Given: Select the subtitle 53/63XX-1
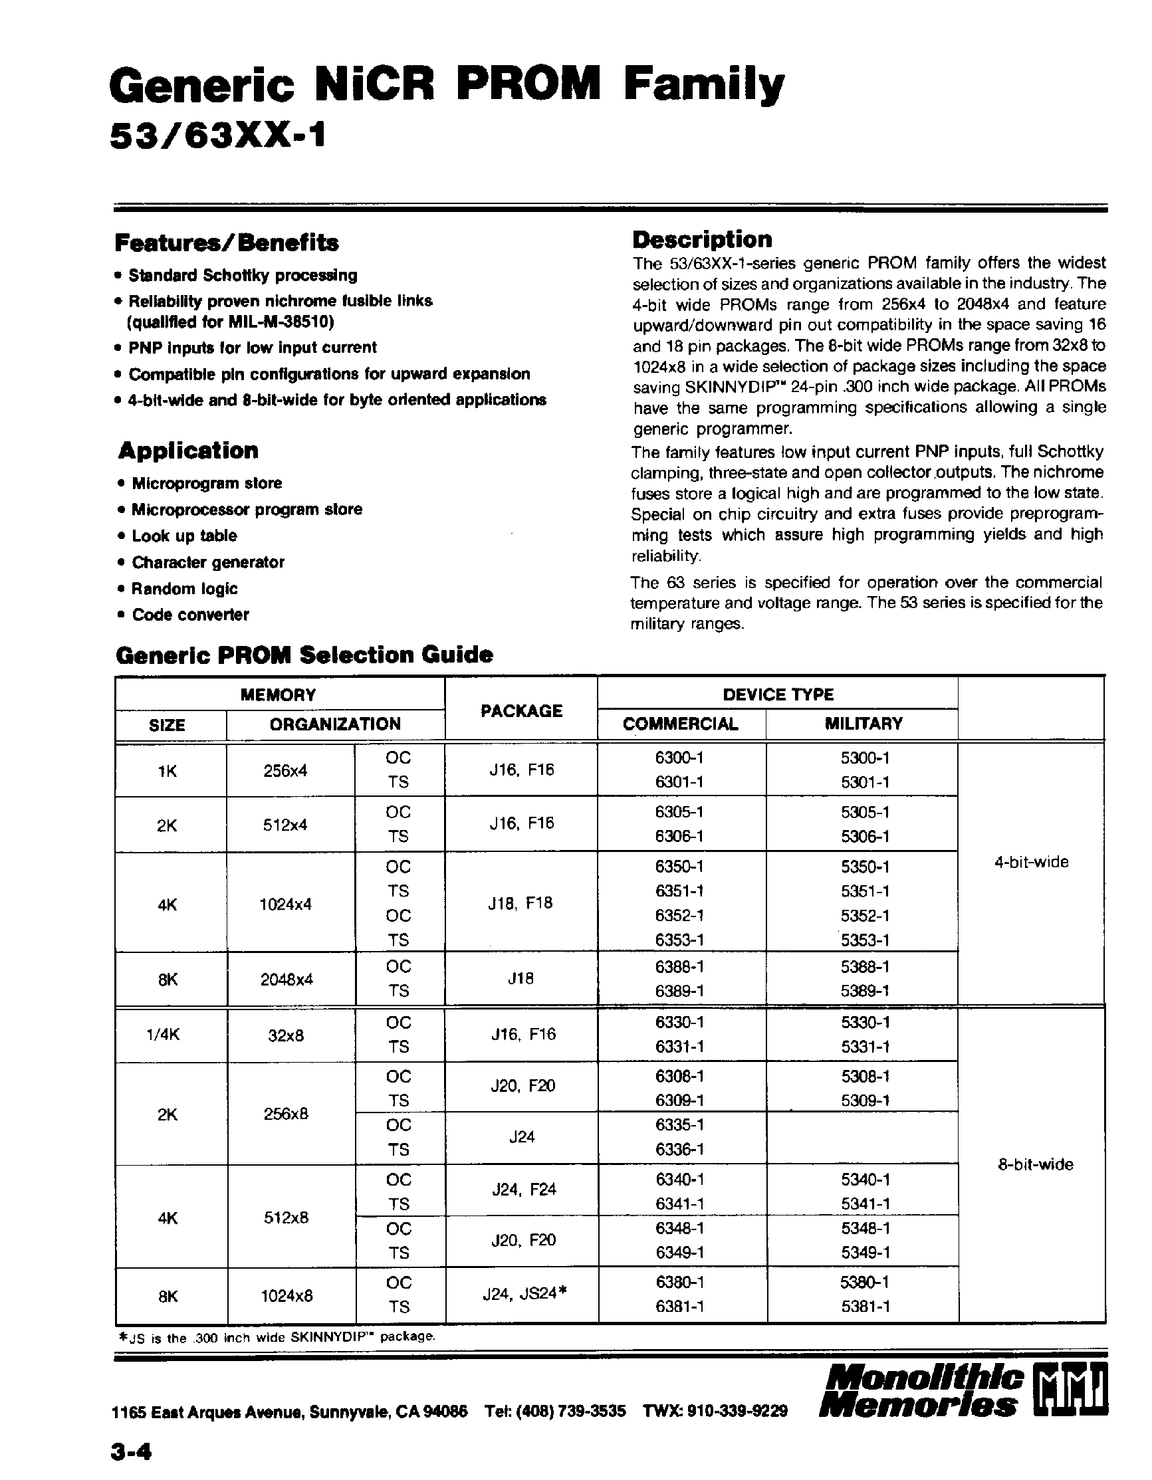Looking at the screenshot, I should pos(217,138).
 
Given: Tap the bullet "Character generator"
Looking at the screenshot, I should pos(207,562).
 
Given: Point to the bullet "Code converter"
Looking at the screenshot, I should pos(189,615).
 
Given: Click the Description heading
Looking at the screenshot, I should pos(701,239).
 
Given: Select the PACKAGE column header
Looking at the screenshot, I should pos(521,710).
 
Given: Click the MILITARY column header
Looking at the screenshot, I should pos(863,723).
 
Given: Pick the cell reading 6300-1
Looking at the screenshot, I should pos(679,758).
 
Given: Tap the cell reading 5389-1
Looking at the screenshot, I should pos(865,991).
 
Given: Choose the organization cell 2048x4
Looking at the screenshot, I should pos(287,978).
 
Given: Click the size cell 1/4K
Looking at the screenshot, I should pos(164,1034).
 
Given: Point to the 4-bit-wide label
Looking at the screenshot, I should pos(1031,862).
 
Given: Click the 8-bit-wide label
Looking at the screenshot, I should pos(1035,1164).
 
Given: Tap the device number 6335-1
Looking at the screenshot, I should pos(679,1125).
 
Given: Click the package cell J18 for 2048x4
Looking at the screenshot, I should pos(520,978).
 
